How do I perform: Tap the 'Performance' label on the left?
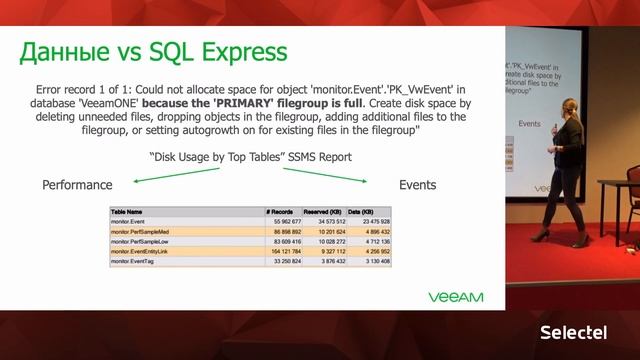click(x=77, y=185)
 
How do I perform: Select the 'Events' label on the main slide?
click(x=417, y=185)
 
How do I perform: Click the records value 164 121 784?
click(x=285, y=250)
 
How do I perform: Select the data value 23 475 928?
click(x=369, y=221)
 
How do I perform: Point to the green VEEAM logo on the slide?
click(x=456, y=297)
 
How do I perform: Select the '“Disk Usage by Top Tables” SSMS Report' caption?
click(x=250, y=157)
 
